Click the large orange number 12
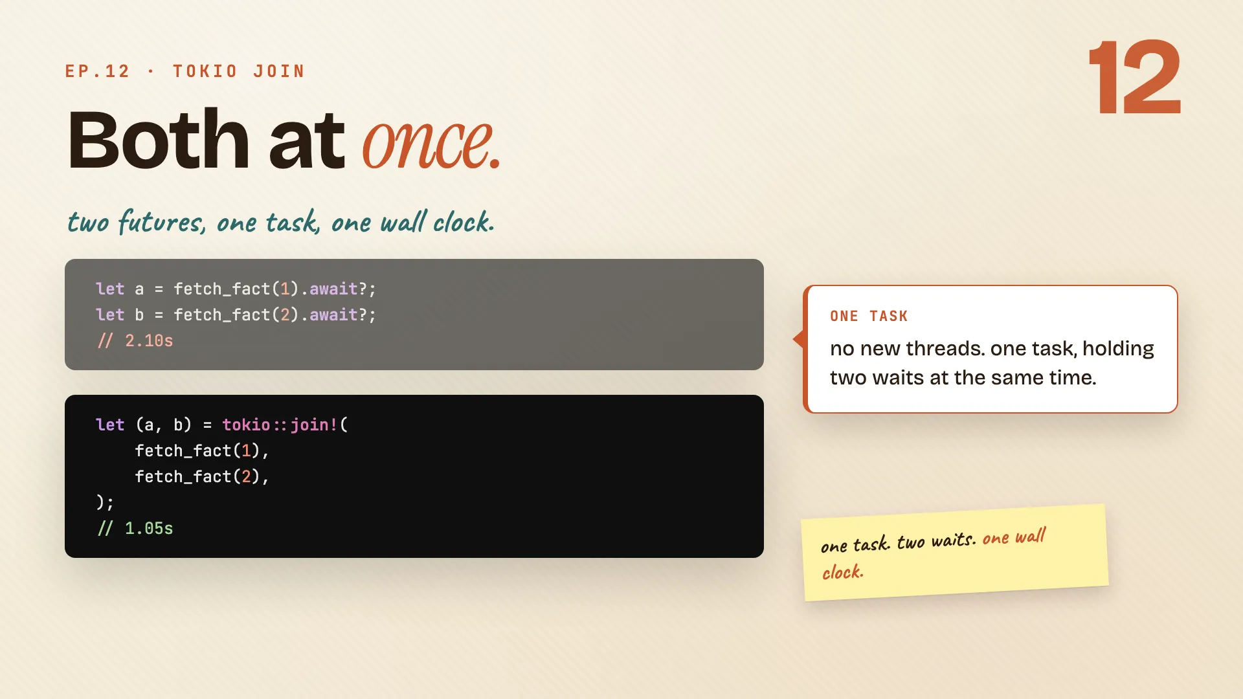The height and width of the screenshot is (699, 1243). click(x=1136, y=77)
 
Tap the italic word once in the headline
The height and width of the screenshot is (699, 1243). click(x=431, y=142)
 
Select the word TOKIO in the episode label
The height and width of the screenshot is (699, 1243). click(x=205, y=71)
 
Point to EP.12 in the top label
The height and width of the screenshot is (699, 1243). click(x=97, y=71)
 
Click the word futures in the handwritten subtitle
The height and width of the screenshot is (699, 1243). click(x=162, y=222)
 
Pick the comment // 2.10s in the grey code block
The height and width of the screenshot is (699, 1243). click(x=135, y=341)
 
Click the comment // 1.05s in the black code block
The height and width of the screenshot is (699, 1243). click(x=135, y=529)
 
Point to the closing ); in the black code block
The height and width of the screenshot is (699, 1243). click(x=105, y=502)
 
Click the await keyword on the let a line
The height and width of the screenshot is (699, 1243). click(x=333, y=289)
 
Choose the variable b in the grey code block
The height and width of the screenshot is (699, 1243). click(x=139, y=315)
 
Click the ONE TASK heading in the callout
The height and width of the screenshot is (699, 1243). click(x=869, y=316)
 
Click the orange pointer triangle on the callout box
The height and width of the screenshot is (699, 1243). click(x=799, y=338)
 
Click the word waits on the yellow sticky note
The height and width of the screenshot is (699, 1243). click(x=953, y=540)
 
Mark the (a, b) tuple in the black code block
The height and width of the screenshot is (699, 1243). click(x=164, y=425)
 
